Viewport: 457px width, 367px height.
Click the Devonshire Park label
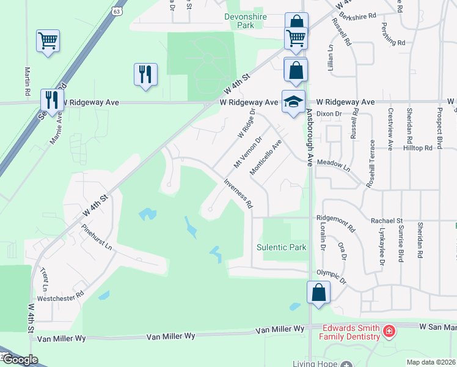point(246,21)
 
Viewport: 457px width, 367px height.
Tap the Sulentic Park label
point(281,248)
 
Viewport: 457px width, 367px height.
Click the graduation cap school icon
point(293,100)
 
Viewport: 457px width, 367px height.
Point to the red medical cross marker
point(389,332)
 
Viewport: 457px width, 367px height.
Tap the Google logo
point(20,360)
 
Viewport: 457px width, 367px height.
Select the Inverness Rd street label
point(238,193)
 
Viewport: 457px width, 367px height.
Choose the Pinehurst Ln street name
point(97,237)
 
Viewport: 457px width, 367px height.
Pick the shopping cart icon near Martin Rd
point(48,41)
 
